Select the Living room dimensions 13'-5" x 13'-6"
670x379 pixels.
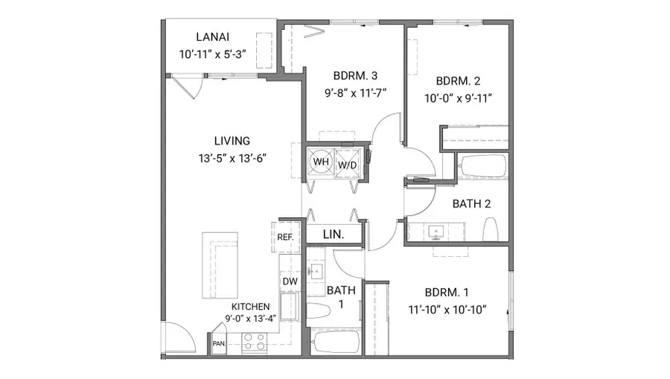pos(232,157)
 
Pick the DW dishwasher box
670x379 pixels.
pos(289,281)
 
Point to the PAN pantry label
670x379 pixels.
pos(219,343)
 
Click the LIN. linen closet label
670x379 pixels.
pos(333,234)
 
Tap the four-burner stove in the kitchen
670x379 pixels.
pos(255,341)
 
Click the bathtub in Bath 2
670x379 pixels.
pos(482,167)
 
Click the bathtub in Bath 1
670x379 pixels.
pos(336,343)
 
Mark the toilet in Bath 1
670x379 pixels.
pos(317,312)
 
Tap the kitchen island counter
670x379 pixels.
pos(220,264)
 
